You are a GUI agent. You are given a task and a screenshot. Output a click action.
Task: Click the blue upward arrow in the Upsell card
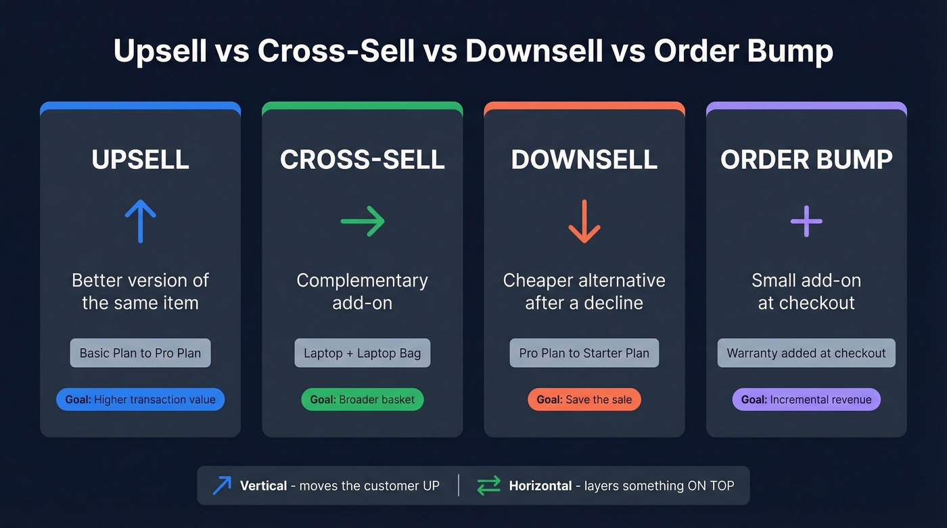pyautogui.click(x=140, y=220)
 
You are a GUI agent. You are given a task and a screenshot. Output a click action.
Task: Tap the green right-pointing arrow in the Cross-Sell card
pyautogui.click(x=363, y=221)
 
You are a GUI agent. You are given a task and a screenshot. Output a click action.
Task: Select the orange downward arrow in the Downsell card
pyautogui.click(x=584, y=221)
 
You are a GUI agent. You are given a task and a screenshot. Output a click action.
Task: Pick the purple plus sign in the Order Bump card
pyautogui.click(x=806, y=221)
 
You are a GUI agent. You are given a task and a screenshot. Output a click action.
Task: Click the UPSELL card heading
pyautogui.click(x=140, y=160)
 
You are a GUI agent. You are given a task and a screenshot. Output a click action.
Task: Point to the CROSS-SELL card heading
pyautogui.click(x=363, y=160)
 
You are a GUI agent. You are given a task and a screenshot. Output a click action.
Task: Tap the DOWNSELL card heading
pyautogui.click(x=584, y=160)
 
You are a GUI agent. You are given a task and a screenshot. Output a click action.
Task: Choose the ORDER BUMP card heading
pyautogui.click(x=806, y=160)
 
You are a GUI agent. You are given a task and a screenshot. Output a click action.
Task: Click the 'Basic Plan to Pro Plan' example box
pyautogui.click(x=140, y=353)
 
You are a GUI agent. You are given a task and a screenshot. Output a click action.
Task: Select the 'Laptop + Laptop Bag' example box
pyautogui.click(x=363, y=353)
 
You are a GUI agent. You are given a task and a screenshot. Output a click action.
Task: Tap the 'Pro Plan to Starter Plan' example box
pyautogui.click(x=584, y=353)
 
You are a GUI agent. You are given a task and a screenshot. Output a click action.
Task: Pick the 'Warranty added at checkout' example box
pyautogui.click(x=806, y=353)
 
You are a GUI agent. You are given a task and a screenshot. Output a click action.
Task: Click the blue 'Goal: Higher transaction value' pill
pyautogui.click(x=140, y=400)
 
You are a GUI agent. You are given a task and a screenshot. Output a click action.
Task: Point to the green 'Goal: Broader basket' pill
pyautogui.click(x=363, y=400)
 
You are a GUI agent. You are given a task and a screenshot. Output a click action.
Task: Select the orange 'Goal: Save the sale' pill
pyautogui.click(x=584, y=400)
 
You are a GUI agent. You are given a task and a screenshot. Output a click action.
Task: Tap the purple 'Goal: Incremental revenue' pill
pyautogui.click(x=806, y=400)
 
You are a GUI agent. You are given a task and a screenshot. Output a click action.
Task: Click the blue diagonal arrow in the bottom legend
pyautogui.click(x=222, y=485)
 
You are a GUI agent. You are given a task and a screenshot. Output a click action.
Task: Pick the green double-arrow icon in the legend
pyautogui.click(x=488, y=485)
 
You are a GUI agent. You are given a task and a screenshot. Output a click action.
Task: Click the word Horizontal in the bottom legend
pyautogui.click(x=540, y=485)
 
